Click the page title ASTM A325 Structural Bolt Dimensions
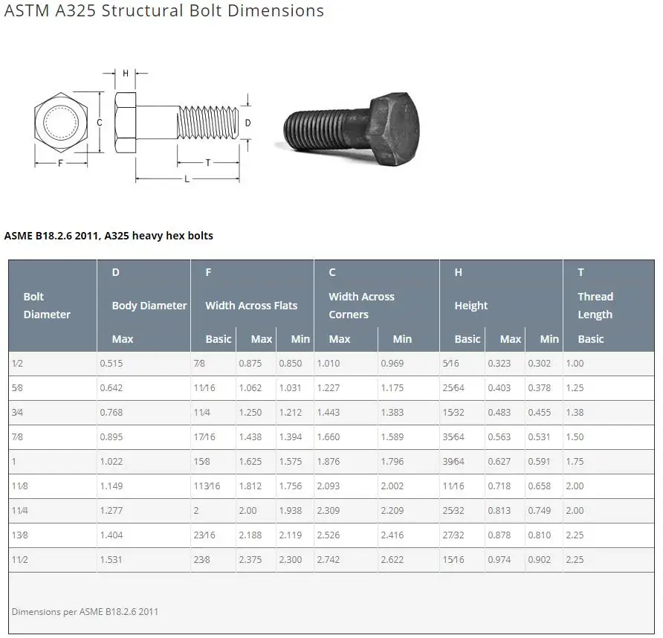pos(164,11)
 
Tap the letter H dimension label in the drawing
pos(126,73)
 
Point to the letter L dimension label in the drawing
pos(187,179)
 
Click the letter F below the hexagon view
pos(60,163)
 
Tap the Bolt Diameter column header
pos(47,306)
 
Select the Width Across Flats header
pos(251,306)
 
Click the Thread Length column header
pos(595,306)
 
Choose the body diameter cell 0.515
pos(111,364)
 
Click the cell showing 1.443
pos(329,413)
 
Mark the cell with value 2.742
pos(329,560)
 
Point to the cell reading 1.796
pos(392,462)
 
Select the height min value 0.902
pos(540,560)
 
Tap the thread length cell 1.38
pos(575,413)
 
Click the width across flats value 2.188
pos(250,535)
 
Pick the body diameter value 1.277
pos(111,511)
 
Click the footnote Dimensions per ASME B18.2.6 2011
pos(85,612)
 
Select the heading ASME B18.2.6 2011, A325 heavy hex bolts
pos(109,236)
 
